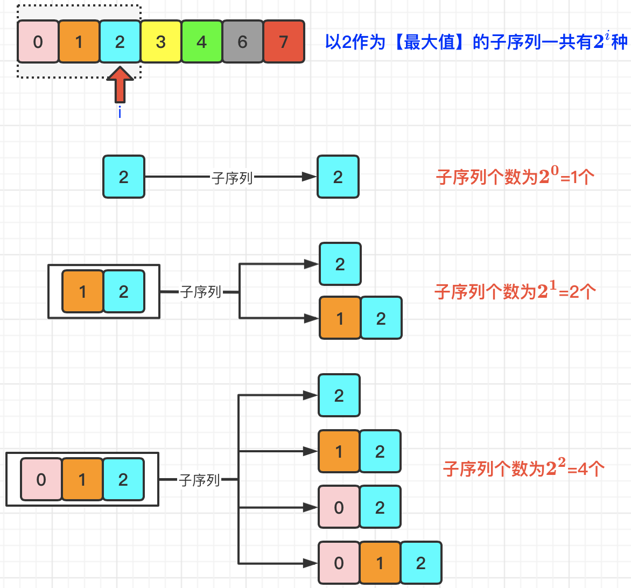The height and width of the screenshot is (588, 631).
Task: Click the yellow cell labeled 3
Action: [160, 42]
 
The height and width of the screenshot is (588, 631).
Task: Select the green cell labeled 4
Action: [201, 42]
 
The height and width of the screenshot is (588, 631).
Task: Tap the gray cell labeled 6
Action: [242, 42]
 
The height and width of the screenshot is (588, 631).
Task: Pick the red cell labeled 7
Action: [284, 42]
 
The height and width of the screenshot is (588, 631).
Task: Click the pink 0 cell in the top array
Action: [38, 42]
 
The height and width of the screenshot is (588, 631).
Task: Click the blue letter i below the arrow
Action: [120, 112]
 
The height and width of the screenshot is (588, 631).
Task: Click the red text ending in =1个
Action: [515, 177]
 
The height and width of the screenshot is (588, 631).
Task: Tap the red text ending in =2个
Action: [515, 291]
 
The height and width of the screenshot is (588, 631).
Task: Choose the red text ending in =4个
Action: [523, 468]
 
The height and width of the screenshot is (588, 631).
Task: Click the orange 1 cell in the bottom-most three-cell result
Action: [380, 563]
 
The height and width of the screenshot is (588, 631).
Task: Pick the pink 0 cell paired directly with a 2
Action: [339, 507]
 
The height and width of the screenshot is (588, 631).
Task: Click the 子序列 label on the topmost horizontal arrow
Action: [232, 178]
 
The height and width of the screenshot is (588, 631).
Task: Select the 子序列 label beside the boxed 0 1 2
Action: [199, 480]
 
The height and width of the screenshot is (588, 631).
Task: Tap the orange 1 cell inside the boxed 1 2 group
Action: [82, 291]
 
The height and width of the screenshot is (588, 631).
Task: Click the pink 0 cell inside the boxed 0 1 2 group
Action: [41, 479]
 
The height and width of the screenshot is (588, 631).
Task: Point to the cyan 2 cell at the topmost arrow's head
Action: [338, 177]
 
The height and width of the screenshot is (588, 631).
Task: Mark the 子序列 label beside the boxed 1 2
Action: [200, 292]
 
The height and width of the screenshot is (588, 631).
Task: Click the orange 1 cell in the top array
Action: [79, 42]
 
